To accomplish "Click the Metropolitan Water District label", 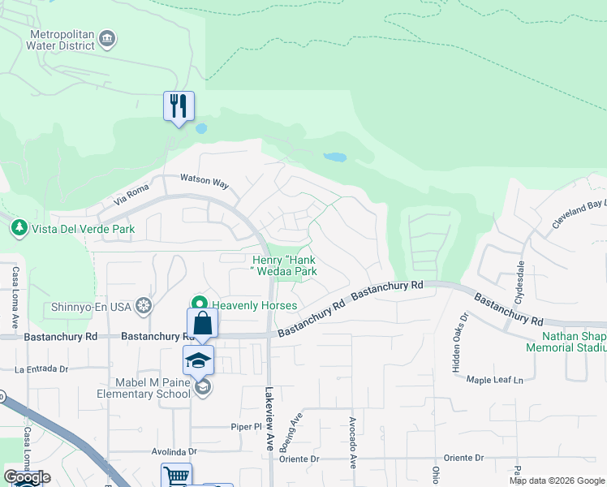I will coord(62,40).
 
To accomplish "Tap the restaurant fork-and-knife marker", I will coord(179,106).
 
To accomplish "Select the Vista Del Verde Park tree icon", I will coord(18,228).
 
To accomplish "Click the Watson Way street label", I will coord(204,182).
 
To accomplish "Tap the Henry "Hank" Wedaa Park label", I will coord(283,265).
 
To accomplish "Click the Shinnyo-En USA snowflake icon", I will coord(144,305).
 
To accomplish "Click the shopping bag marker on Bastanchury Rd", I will coord(202,324).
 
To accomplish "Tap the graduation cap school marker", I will coord(198,360).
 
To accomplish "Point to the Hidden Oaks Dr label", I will coord(454,338).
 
